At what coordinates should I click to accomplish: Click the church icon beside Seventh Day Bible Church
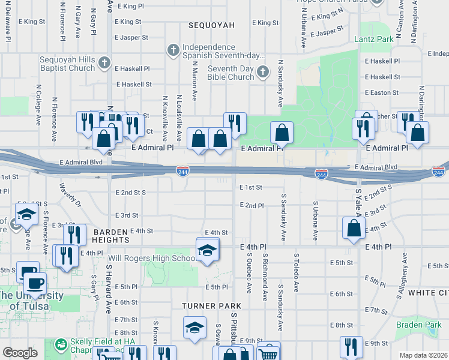[x=262, y=73]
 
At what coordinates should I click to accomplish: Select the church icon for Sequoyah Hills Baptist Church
[x=104, y=63]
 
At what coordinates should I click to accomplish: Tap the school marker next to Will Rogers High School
[x=207, y=250]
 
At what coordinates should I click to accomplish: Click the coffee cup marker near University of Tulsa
[x=34, y=283]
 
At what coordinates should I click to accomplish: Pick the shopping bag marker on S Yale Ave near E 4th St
[x=354, y=228]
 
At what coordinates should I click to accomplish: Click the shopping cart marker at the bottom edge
[x=269, y=354]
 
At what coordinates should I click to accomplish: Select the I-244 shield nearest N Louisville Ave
[x=183, y=172]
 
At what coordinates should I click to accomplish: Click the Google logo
[x=19, y=353]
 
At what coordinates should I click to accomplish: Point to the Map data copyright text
[x=423, y=355]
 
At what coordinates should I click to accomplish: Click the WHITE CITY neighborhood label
[x=427, y=293]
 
